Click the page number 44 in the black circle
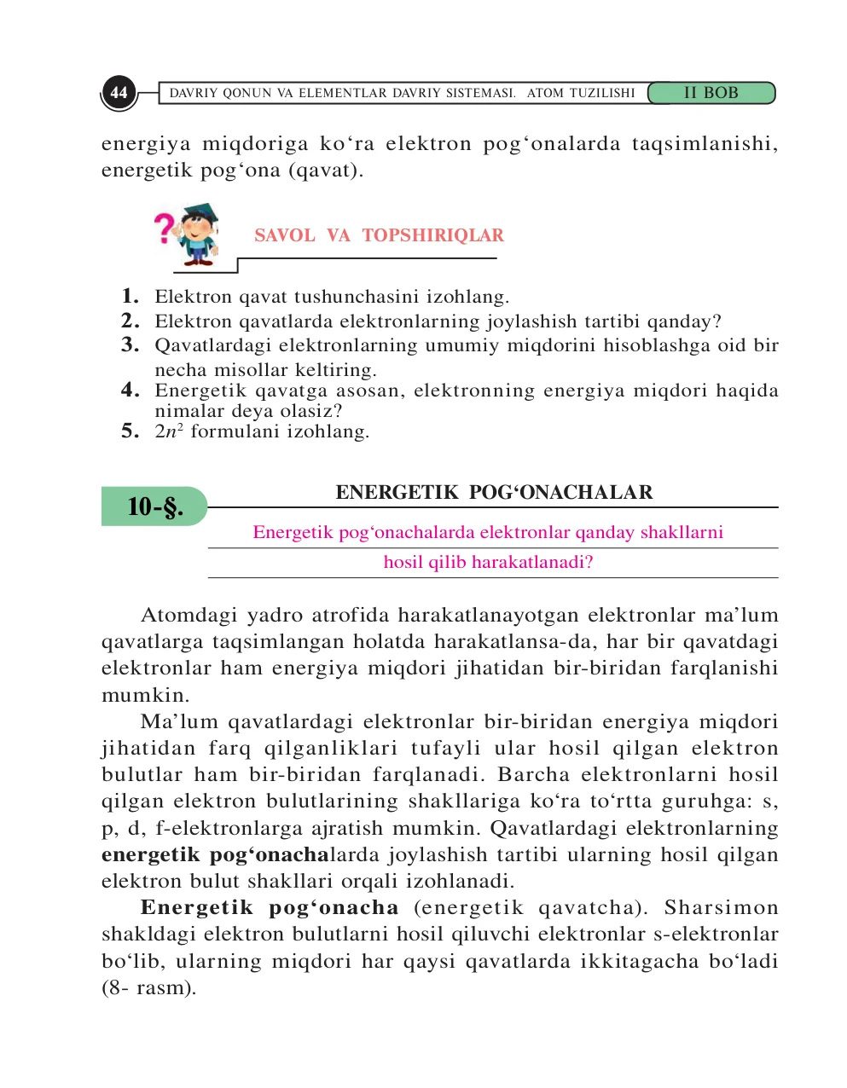coord(119,93)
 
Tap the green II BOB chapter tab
coord(711,93)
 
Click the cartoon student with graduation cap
coord(199,234)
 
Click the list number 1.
coord(130,297)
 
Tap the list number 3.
coord(130,345)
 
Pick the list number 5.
coord(130,431)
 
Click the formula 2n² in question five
coord(169,431)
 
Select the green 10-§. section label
coord(154,506)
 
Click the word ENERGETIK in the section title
coord(397,493)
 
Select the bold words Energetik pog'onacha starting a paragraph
coord(270,908)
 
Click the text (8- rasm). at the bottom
coord(148,988)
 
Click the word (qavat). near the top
coord(326,171)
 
